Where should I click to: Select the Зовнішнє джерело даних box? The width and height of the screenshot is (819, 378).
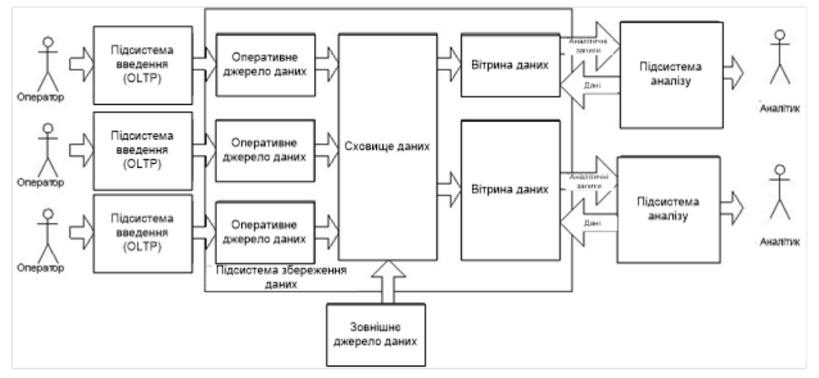click(x=375, y=333)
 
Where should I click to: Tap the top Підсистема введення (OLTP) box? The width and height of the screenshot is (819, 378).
click(x=143, y=63)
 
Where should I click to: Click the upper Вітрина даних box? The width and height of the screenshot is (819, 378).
click(x=511, y=64)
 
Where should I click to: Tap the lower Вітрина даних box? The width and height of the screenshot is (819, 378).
click(x=511, y=190)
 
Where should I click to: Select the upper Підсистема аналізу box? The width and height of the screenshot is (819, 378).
click(x=671, y=74)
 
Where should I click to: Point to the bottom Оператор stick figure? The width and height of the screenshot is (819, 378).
click(x=47, y=234)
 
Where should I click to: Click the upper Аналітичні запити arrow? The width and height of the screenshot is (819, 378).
click(x=592, y=46)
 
